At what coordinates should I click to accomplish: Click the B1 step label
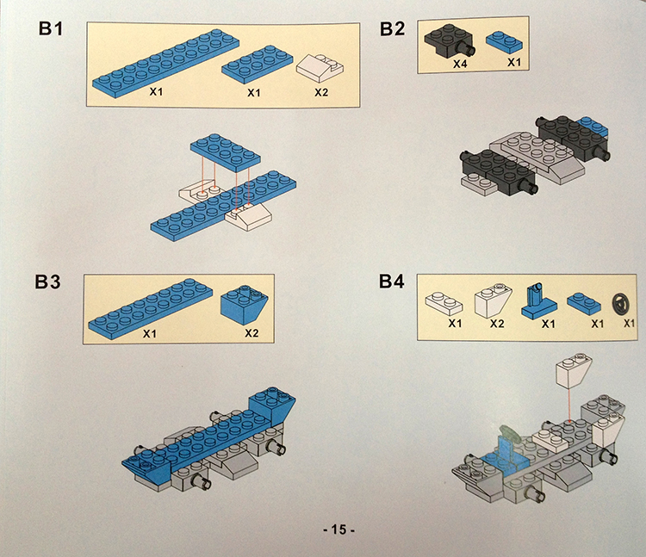click(x=51, y=28)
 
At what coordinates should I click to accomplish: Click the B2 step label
click(x=392, y=28)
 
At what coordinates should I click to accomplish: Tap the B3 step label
click(x=47, y=282)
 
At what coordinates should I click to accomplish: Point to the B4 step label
click(x=391, y=282)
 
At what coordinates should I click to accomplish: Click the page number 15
click(x=339, y=529)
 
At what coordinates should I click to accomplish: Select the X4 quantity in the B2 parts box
click(x=460, y=65)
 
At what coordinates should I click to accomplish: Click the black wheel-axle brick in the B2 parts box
click(x=450, y=41)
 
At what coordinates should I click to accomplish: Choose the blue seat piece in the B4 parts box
click(x=538, y=301)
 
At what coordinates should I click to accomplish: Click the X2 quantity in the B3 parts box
click(x=252, y=332)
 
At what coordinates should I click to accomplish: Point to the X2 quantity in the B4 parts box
click(x=497, y=324)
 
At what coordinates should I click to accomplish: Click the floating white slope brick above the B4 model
click(x=574, y=369)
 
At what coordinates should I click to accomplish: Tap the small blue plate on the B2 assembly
click(x=593, y=127)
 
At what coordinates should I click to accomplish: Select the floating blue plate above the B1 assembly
click(x=225, y=152)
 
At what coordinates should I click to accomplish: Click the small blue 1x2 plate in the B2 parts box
click(x=504, y=43)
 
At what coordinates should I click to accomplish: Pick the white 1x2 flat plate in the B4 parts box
click(x=444, y=303)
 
